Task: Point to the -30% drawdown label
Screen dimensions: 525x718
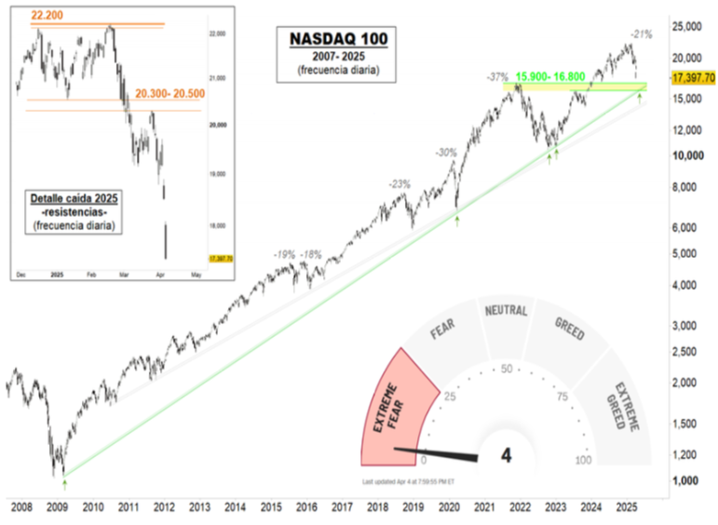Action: click(x=446, y=152)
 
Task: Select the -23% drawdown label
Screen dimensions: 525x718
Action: click(x=400, y=184)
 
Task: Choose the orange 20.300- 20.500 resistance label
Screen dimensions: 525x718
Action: click(x=169, y=94)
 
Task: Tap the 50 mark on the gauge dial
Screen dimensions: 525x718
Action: click(x=508, y=369)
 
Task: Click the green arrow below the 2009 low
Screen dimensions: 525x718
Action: click(x=64, y=483)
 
